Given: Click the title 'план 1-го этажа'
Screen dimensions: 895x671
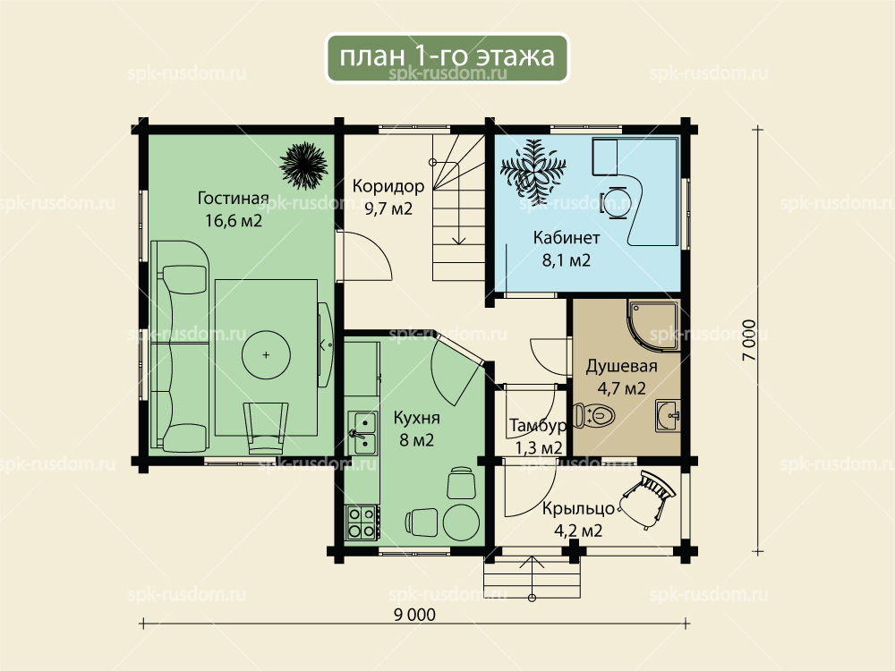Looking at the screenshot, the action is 447,55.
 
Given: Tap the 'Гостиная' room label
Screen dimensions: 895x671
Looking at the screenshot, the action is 233,198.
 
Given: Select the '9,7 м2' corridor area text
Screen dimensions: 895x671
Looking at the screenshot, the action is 388,208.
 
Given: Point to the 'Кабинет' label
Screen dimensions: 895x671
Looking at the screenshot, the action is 567,237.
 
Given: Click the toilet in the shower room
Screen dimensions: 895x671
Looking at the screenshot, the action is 593,415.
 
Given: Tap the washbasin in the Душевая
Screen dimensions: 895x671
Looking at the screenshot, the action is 668,415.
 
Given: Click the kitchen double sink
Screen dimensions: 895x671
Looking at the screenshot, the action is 363,433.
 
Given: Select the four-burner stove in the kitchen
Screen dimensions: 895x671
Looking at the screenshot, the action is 362,522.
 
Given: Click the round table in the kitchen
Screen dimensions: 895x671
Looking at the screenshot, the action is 461,521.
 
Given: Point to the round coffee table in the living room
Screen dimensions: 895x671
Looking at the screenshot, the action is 266,355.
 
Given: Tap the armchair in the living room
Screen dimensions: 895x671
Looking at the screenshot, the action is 266,428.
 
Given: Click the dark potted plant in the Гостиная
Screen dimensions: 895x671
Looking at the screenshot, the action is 303,166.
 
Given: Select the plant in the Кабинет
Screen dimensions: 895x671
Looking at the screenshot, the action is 533,167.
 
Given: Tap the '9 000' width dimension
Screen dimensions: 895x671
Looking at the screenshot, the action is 414,615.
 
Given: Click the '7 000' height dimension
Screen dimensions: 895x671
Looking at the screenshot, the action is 749,340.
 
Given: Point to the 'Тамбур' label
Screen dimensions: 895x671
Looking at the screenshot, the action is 538,426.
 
